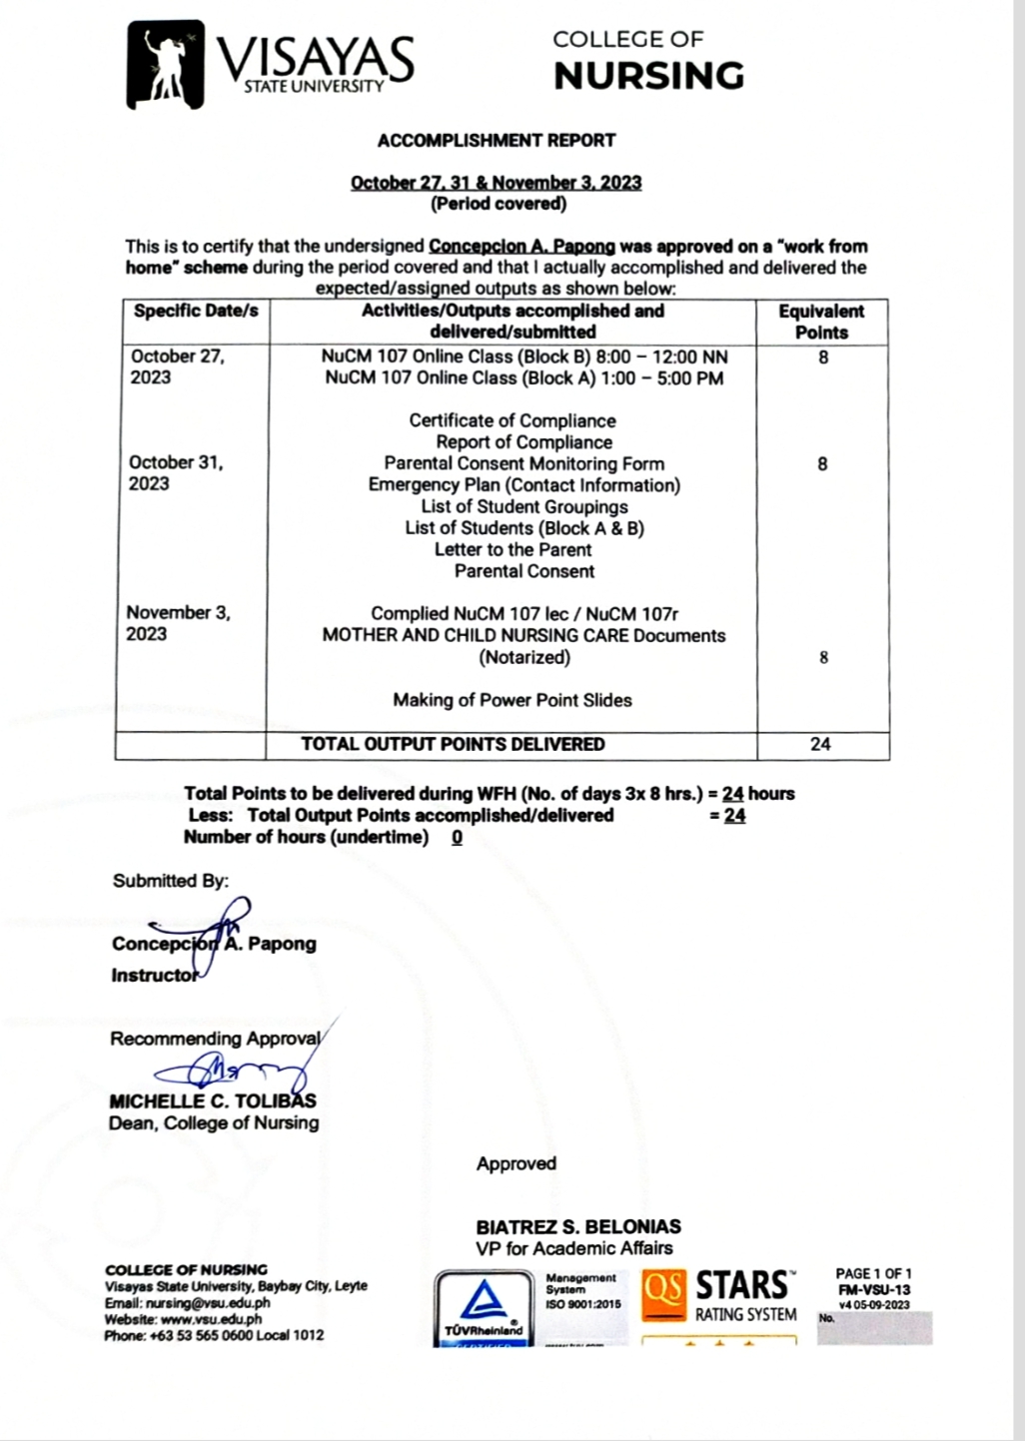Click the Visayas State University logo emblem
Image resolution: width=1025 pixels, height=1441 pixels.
coord(165,64)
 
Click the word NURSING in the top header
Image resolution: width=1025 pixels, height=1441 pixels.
coord(648,76)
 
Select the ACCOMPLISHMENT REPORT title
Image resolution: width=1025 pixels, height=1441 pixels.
coord(496,141)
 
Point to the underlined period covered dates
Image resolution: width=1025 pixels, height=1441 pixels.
coord(496,183)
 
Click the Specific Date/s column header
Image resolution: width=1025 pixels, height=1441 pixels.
coord(196,311)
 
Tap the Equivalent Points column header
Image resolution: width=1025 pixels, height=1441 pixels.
coord(821,322)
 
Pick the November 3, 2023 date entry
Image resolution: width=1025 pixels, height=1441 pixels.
coord(178,623)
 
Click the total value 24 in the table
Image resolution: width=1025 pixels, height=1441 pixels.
coord(820,744)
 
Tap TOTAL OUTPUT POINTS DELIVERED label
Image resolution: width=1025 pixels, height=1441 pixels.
coord(453,744)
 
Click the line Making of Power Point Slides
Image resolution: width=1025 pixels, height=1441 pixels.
coord(512,700)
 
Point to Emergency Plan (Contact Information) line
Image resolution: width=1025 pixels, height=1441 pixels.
coord(523,485)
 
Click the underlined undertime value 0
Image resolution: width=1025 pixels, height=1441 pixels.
coord(457,838)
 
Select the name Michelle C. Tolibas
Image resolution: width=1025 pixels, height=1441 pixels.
coord(212,1101)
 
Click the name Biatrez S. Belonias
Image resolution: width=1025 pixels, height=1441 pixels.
coord(578,1226)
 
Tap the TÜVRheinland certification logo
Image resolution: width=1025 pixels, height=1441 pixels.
coord(484,1308)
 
